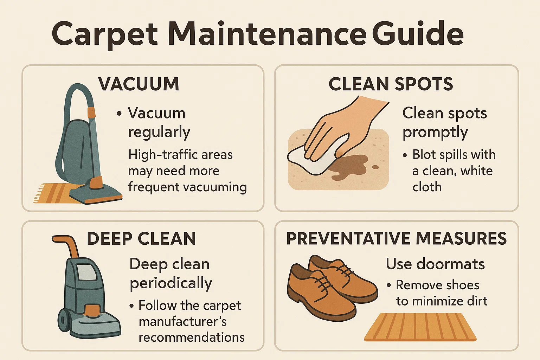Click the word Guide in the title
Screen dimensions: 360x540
[418, 34]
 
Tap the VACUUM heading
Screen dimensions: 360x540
[139, 84]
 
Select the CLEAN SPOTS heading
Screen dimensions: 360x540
[391, 84]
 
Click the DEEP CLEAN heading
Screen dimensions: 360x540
[141, 239]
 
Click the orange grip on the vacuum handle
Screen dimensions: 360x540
[91, 112]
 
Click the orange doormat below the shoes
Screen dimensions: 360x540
[420, 327]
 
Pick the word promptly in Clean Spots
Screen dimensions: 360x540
[435, 133]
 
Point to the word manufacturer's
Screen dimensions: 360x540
[182, 321]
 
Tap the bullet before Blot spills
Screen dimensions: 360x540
[405, 155]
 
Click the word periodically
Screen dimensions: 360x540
[171, 283]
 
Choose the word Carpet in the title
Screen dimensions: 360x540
[105, 34]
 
